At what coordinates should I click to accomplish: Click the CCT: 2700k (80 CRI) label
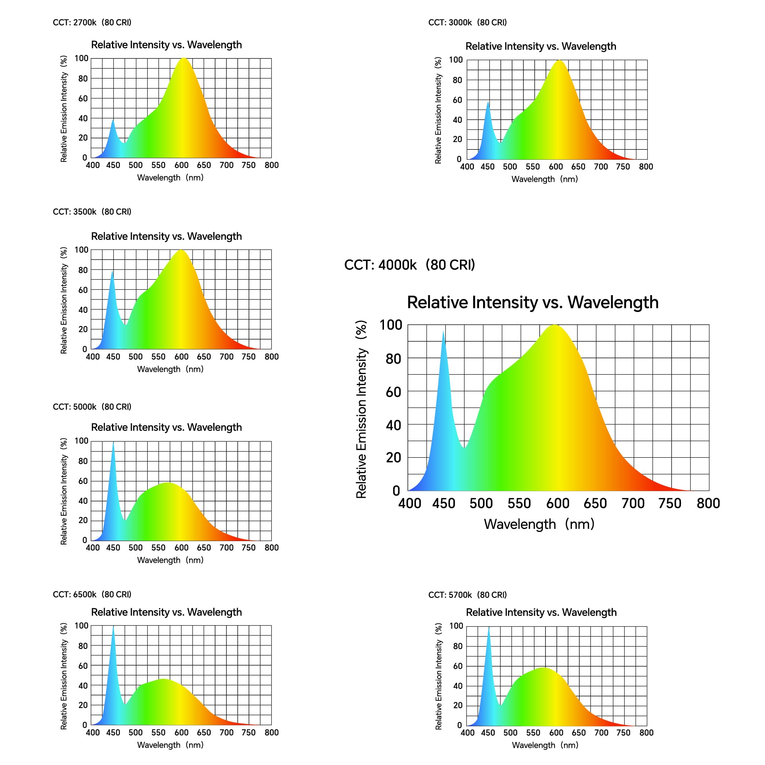pyautogui.click(x=92, y=22)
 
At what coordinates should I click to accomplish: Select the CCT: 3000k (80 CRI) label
pyautogui.click(x=467, y=22)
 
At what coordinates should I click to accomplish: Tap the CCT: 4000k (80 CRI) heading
pyautogui.click(x=409, y=265)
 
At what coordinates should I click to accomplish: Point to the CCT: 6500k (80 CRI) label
pyautogui.click(x=92, y=594)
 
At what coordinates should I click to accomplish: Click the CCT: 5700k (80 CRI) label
pyautogui.click(x=467, y=595)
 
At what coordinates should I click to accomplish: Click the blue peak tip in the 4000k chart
pyautogui.click(x=443, y=332)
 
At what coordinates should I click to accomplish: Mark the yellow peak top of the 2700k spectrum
pyautogui.click(x=184, y=59)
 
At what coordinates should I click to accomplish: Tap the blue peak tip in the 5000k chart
pyautogui.click(x=113, y=443)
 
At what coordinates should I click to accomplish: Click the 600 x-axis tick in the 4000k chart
pyautogui.click(x=558, y=504)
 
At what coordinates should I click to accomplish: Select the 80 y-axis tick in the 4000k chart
pyautogui.click(x=393, y=359)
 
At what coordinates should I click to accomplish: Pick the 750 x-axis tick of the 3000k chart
pyautogui.click(x=623, y=167)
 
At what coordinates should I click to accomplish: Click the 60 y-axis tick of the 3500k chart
pyautogui.click(x=83, y=290)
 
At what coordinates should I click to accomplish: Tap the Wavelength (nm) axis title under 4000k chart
pyautogui.click(x=539, y=524)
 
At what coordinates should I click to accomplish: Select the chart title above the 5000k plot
pyautogui.click(x=166, y=427)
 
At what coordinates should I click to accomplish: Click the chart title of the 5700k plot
pyautogui.click(x=541, y=612)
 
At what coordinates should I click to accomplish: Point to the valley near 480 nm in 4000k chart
pyautogui.click(x=464, y=447)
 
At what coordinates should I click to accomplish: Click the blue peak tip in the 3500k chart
pyautogui.click(x=112, y=272)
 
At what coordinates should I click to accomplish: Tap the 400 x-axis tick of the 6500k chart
pyautogui.click(x=93, y=733)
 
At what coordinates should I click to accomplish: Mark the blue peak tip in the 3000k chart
pyautogui.click(x=488, y=102)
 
